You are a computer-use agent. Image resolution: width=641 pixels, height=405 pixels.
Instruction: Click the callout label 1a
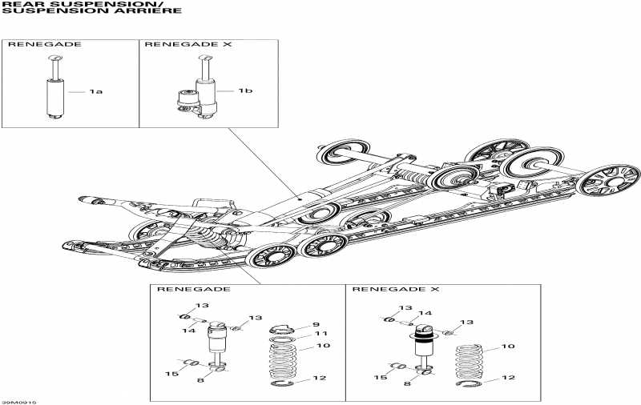click(96, 92)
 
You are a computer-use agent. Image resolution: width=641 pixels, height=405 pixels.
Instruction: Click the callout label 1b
click(245, 91)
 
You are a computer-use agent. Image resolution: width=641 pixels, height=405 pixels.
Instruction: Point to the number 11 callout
click(320, 333)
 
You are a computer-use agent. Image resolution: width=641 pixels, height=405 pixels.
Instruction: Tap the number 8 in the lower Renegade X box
click(408, 384)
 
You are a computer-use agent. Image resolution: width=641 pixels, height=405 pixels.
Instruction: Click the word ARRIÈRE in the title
click(160, 11)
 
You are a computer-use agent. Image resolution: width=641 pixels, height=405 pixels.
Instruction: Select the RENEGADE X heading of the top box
click(176, 44)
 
